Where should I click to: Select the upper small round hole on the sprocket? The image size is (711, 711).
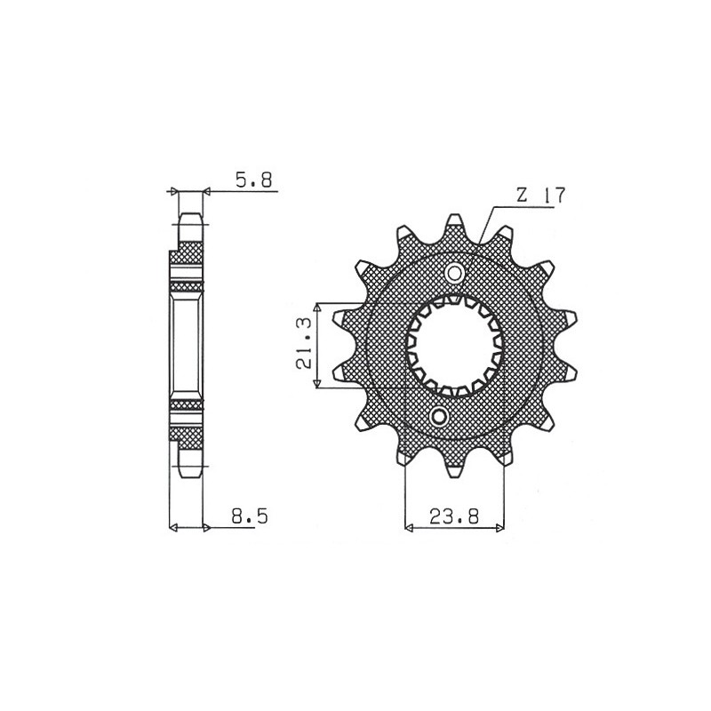click(x=454, y=272)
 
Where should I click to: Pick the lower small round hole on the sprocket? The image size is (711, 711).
click(x=438, y=417)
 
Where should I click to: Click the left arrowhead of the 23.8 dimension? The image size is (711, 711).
click(x=409, y=529)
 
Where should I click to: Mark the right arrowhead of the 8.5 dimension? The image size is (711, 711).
click(x=206, y=529)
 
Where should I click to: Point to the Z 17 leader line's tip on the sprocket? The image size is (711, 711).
click(x=480, y=242)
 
